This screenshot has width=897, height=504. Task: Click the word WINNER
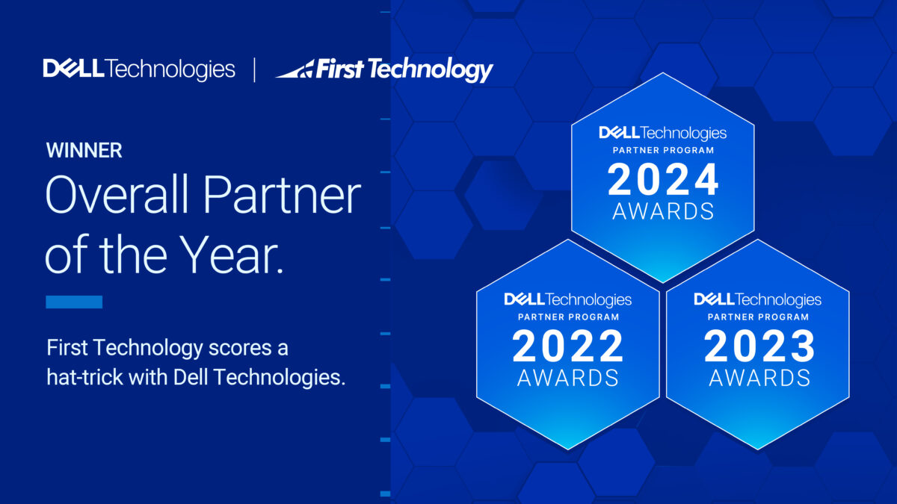click(84, 150)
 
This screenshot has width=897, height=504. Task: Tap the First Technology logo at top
click(384, 69)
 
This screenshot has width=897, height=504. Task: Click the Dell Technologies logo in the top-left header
click(139, 69)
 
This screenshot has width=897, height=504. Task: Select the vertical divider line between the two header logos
click(255, 70)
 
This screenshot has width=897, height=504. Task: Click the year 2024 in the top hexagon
click(663, 180)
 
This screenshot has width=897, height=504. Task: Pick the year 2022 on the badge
click(568, 346)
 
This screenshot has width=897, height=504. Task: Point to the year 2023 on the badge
click(759, 346)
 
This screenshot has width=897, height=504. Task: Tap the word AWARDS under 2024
click(663, 211)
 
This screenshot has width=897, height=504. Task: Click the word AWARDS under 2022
click(568, 378)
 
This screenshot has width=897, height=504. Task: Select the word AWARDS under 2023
click(759, 378)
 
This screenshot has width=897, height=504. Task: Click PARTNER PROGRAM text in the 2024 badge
click(663, 150)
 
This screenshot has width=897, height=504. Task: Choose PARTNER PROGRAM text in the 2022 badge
click(568, 317)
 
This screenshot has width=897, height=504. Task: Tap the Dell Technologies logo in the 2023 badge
click(758, 299)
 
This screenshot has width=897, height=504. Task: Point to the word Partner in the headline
click(283, 195)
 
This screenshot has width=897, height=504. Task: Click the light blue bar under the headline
click(74, 302)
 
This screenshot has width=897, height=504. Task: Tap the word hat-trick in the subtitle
click(84, 377)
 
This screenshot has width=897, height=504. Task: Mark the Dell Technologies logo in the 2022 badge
click(568, 299)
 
